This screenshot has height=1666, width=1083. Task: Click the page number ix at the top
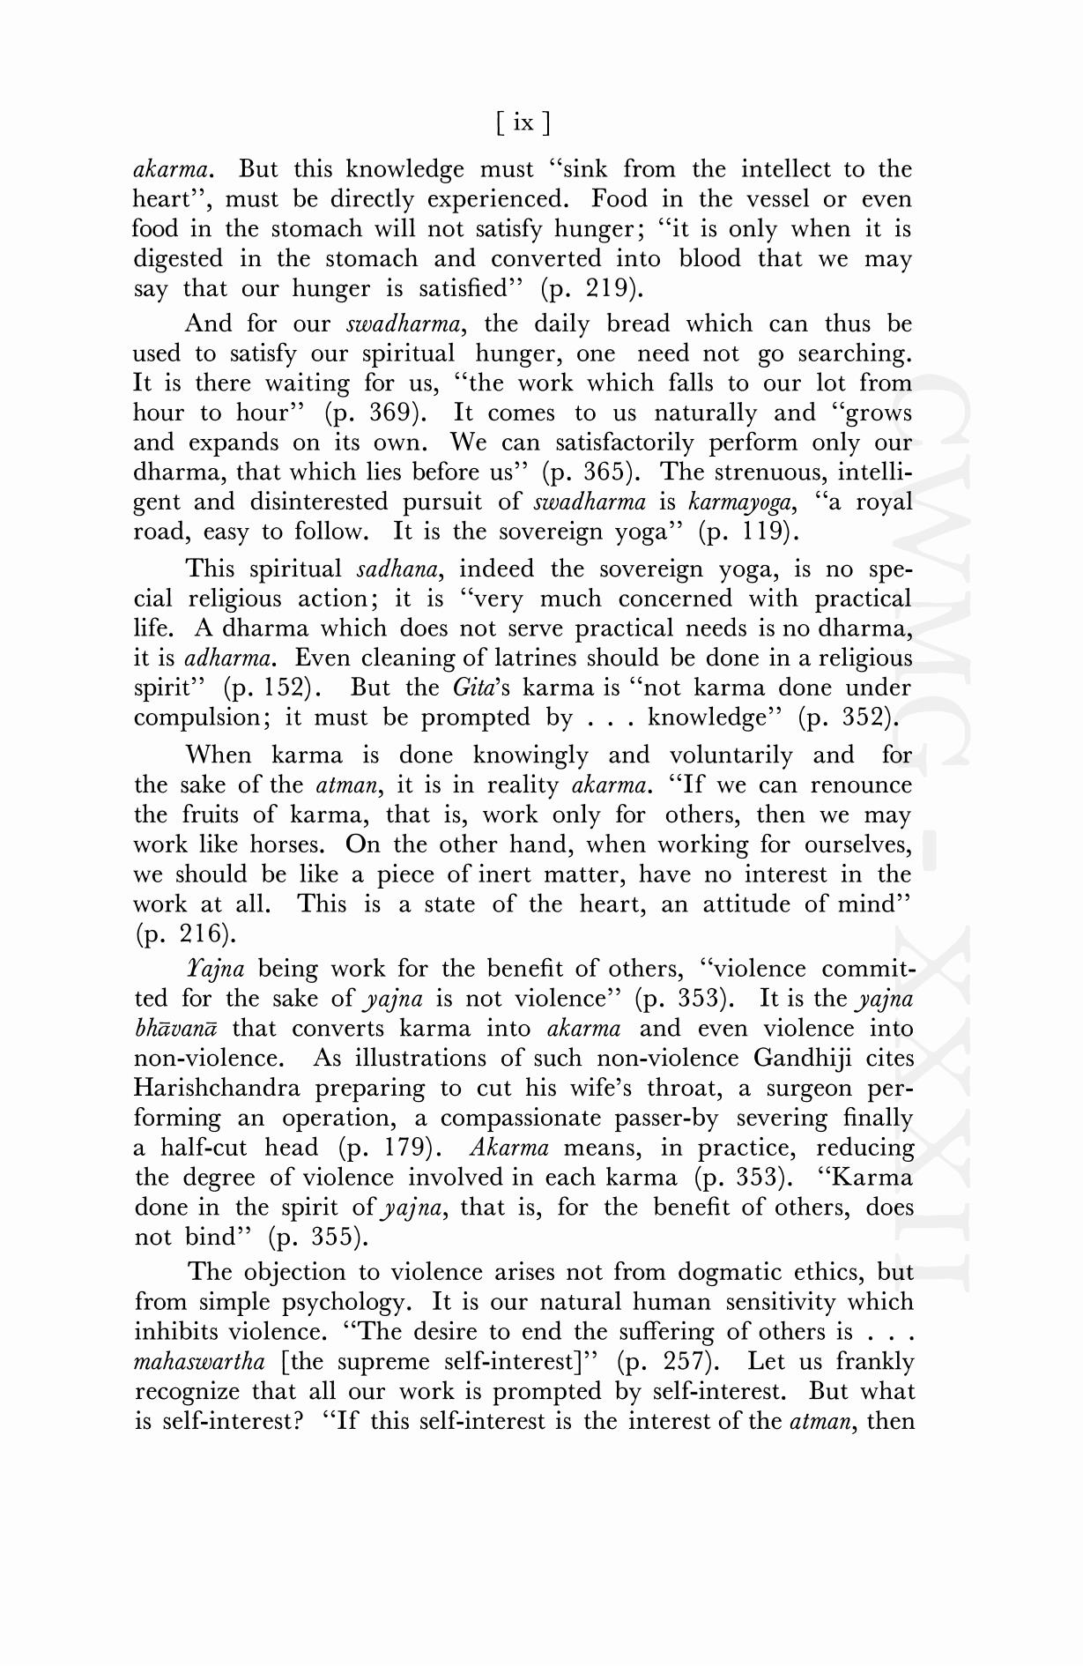coord(523,123)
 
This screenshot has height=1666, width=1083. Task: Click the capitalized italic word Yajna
coord(215,969)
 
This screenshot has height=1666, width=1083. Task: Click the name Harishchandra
coord(217,1088)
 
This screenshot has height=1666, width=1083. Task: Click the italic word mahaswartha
coord(199,1362)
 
